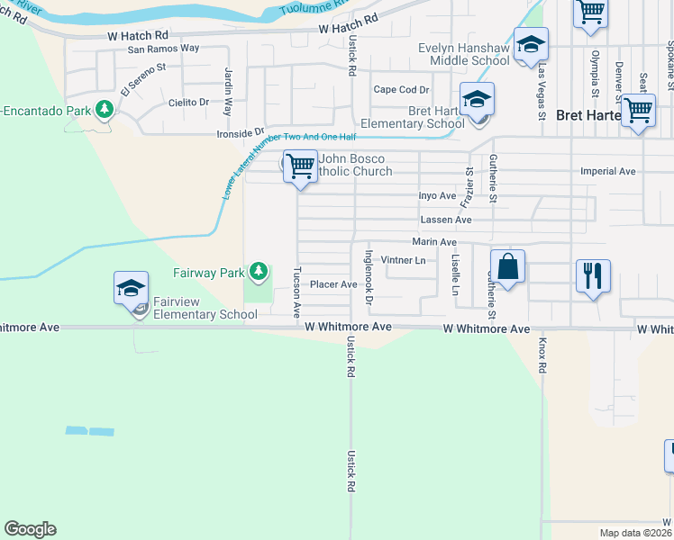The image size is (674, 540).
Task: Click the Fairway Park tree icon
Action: coord(260,270)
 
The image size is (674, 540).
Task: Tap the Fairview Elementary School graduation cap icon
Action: coord(131,288)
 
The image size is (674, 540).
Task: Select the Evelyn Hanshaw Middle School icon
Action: coord(532,44)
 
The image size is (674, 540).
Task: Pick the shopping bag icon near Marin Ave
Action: coord(508,266)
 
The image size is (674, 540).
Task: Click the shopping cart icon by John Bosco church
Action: coord(300,166)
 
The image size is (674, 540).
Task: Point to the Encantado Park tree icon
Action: coord(105,109)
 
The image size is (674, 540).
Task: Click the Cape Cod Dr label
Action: coord(401,90)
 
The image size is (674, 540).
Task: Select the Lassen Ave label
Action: coord(446,220)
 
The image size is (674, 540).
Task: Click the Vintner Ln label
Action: coord(403,261)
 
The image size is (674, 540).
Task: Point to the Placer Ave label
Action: coord(334,284)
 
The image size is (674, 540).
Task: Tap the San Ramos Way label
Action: coord(163,49)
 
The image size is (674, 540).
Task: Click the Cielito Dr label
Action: coord(188,103)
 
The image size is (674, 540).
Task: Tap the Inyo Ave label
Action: coord(438,195)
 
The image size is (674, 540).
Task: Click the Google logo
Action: coord(30,529)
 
